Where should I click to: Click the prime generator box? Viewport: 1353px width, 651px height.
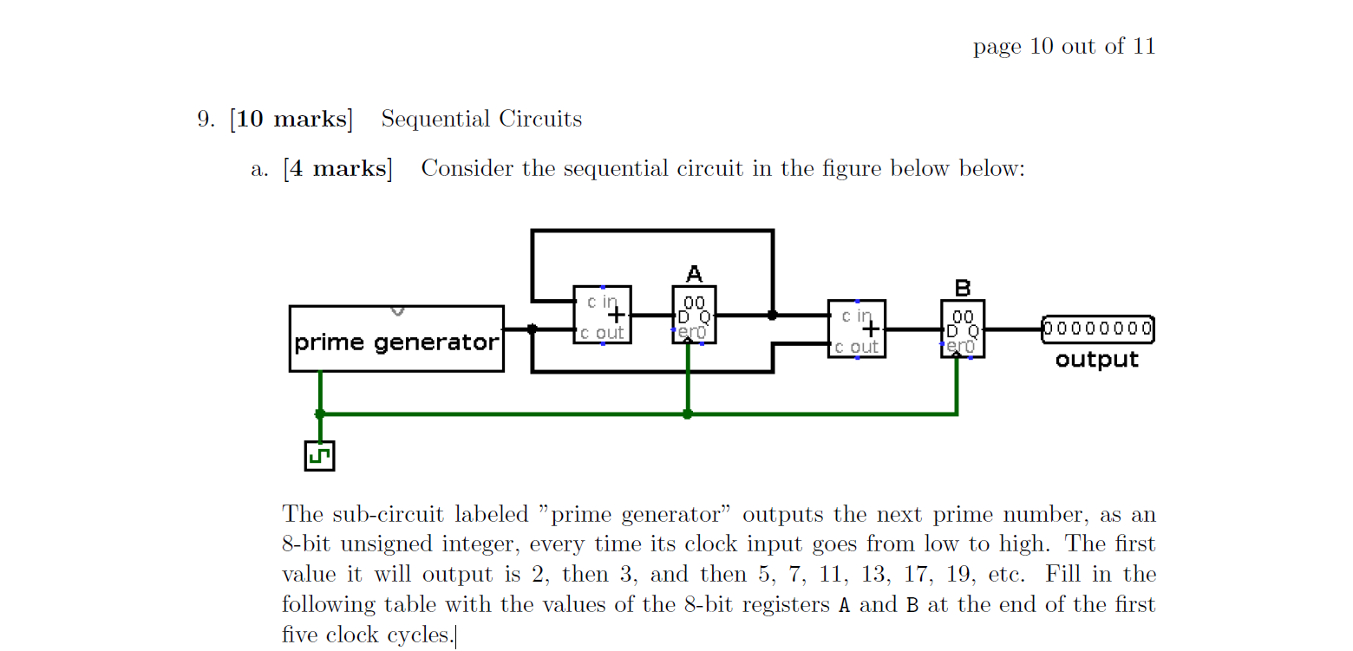click(396, 339)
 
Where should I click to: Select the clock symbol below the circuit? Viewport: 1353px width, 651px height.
click(319, 455)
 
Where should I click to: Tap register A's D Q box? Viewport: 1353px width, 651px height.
click(694, 315)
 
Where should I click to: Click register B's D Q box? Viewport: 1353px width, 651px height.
click(962, 329)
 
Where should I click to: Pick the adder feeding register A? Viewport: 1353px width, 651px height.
click(602, 315)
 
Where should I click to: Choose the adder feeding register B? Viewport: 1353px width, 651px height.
click(856, 329)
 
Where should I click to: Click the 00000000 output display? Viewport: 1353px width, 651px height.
click(1097, 329)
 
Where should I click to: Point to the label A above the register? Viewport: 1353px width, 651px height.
click(694, 275)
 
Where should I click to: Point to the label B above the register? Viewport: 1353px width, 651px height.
click(962, 288)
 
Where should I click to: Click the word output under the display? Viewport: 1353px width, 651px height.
click(1096, 360)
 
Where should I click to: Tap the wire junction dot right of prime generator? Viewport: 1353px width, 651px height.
click(532, 329)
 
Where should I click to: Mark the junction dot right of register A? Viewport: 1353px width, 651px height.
click(772, 316)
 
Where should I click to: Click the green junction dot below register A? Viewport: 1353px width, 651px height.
click(687, 414)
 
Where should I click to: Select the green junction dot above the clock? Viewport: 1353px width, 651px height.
click(320, 414)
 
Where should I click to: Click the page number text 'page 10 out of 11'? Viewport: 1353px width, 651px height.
click(1064, 47)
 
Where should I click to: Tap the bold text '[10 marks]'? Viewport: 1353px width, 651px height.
click(291, 119)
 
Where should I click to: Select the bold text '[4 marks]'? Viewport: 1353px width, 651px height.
click(337, 168)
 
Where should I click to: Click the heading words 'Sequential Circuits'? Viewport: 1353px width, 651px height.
click(481, 119)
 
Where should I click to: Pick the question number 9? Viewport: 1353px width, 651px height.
click(206, 119)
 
